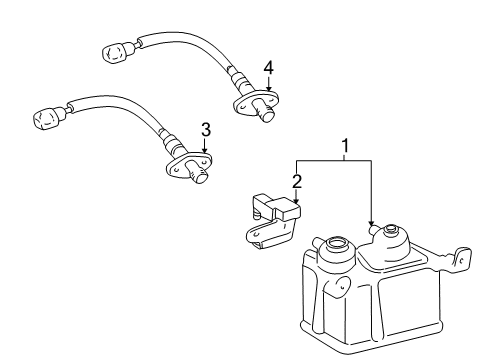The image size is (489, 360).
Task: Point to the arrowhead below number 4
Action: pos(266,94)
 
